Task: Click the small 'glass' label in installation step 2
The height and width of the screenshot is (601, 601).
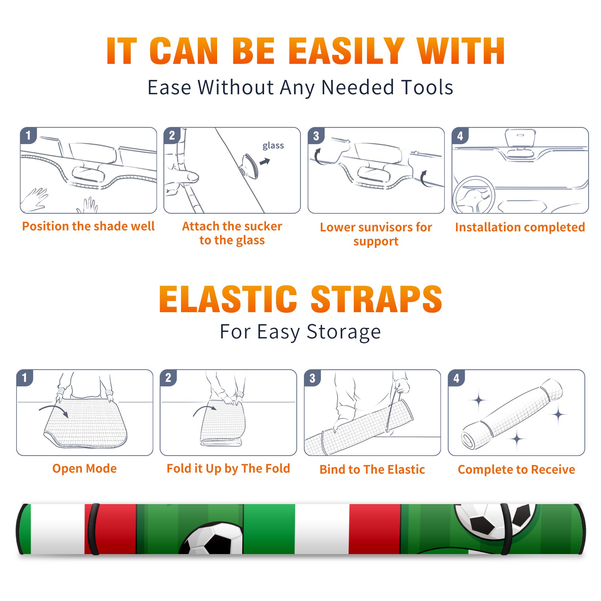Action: click(x=273, y=146)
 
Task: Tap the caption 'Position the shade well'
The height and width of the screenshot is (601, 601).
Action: click(x=88, y=226)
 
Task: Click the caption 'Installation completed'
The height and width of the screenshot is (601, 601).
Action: click(x=520, y=227)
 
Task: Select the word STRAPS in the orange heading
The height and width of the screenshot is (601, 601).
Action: click(x=376, y=299)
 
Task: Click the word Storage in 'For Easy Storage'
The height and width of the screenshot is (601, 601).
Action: click(x=344, y=332)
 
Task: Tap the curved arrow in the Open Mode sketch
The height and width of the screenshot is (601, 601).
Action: click(x=54, y=410)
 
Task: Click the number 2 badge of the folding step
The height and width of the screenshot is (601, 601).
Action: click(x=168, y=378)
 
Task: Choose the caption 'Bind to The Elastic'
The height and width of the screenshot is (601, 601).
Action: click(x=372, y=469)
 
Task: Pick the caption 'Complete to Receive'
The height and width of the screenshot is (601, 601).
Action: click(x=516, y=469)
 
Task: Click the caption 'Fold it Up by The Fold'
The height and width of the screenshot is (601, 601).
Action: click(x=228, y=468)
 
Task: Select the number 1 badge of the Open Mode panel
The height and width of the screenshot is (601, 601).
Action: click(x=25, y=378)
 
